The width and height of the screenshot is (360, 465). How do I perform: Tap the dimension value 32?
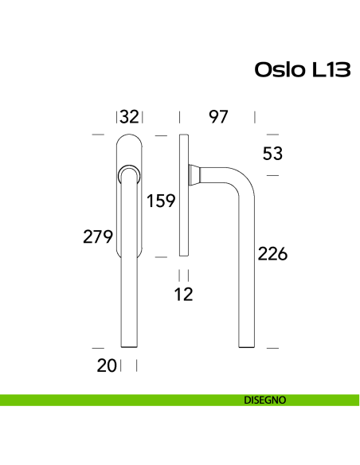129,117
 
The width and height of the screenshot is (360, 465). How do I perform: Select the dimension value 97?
218,117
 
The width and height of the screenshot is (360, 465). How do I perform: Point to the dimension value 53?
273,154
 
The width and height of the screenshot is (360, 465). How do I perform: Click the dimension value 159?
160,201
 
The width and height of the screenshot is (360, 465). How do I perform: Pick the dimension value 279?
97,236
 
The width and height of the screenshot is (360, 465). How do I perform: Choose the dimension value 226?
272,255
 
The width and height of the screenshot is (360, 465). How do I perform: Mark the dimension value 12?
184,295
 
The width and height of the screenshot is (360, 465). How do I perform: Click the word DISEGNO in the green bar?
265,401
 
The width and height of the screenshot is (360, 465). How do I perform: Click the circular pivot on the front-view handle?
129,174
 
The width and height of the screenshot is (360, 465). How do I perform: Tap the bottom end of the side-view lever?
247,346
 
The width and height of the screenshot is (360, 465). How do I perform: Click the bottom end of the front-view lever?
129,346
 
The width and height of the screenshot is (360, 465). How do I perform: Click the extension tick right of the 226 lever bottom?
272,348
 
